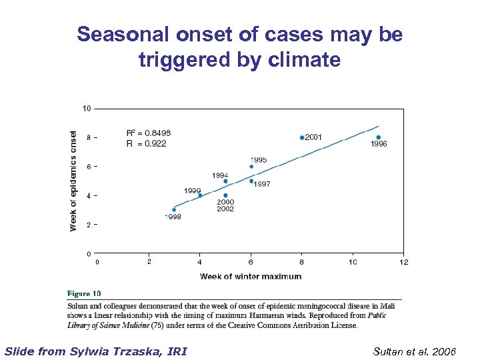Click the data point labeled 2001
click(302, 137)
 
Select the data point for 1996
click(379, 137)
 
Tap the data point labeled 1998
click(174, 209)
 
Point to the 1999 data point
click(200, 195)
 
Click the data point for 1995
click(251, 167)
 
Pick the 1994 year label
click(220, 175)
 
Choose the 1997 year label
click(262, 184)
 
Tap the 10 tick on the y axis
click(87, 108)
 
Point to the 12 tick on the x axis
click(403, 262)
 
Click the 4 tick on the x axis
click(200, 262)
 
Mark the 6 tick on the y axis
click(89, 166)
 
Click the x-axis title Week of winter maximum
click(251, 277)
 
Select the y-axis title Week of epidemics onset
click(73, 181)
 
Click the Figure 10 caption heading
click(84, 293)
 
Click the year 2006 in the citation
click(443, 351)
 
